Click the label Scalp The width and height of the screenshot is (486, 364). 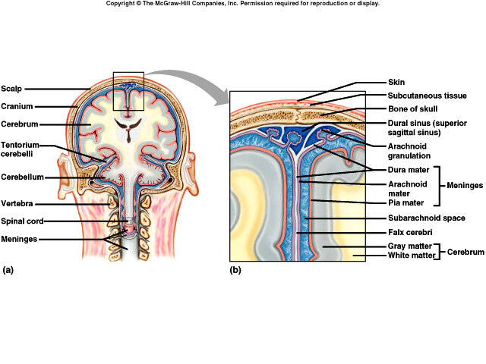pyautogui.click(x=11, y=88)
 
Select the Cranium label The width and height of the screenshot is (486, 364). pyautogui.click(x=17, y=106)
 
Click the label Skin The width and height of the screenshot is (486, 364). pyautogui.click(x=397, y=81)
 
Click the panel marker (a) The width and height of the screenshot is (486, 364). pyautogui.click(x=8, y=269)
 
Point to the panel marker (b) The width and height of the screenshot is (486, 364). pyautogui.click(x=235, y=269)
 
